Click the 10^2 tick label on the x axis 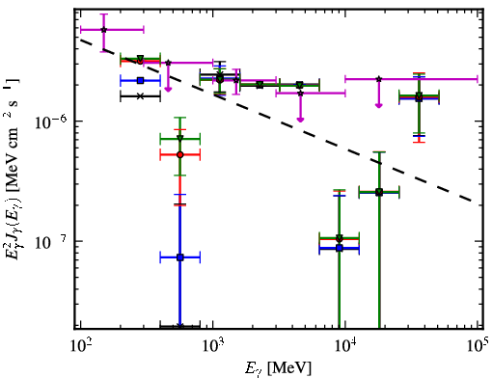(80, 347)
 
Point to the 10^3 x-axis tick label (213, 347)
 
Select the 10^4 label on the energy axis (345, 347)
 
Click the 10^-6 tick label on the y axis (50, 121)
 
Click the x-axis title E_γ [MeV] (278, 368)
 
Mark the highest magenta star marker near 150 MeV (103, 30)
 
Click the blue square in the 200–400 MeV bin (140, 80)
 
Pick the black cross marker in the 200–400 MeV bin (140, 96)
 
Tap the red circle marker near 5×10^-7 (180, 155)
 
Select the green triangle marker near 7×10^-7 (180, 139)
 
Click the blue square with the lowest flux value (180, 257)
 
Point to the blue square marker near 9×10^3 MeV (340, 248)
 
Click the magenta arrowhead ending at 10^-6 (300, 120)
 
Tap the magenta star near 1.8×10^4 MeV (379, 79)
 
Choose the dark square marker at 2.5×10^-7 (379, 192)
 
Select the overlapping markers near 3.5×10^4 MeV (419, 96)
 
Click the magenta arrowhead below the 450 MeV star (168, 89)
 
